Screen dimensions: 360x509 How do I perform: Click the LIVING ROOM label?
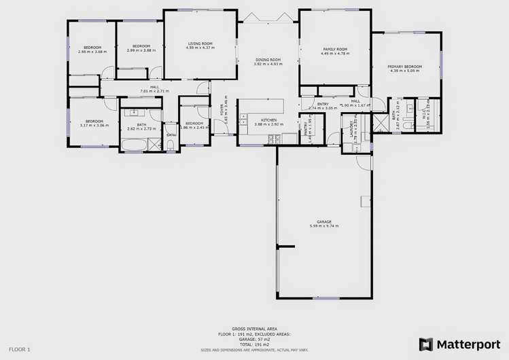(x=200, y=43)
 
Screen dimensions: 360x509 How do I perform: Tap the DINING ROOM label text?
(x=268, y=60)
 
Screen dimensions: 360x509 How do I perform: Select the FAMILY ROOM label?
(x=335, y=49)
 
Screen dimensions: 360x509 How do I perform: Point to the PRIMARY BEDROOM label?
(x=404, y=66)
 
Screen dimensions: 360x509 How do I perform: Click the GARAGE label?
(x=323, y=221)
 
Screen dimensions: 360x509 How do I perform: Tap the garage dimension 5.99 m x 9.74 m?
(x=323, y=226)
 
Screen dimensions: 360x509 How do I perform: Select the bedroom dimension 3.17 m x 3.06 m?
(x=94, y=125)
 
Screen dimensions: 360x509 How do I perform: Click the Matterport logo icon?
(x=425, y=344)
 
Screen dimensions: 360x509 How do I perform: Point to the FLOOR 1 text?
(x=20, y=349)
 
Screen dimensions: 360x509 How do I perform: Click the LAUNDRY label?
(x=352, y=129)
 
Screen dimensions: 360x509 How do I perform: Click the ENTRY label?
(x=323, y=104)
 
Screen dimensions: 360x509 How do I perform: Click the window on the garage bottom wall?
(x=323, y=298)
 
